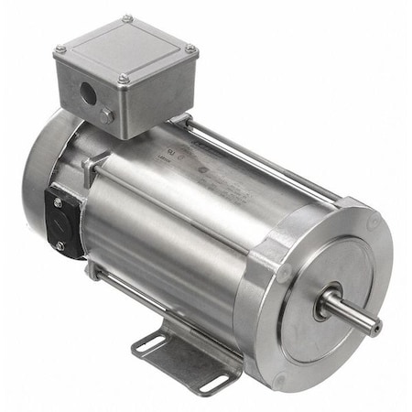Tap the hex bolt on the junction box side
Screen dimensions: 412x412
(x=108, y=116)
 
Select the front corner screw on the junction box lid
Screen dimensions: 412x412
(x=122, y=79)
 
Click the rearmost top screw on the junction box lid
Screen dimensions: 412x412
(x=127, y=17)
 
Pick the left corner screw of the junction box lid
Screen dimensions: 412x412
(x=60, y=49)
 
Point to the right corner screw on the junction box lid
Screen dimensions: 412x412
(x=190, y=49)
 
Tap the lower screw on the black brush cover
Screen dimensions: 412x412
(x=60, y=244)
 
